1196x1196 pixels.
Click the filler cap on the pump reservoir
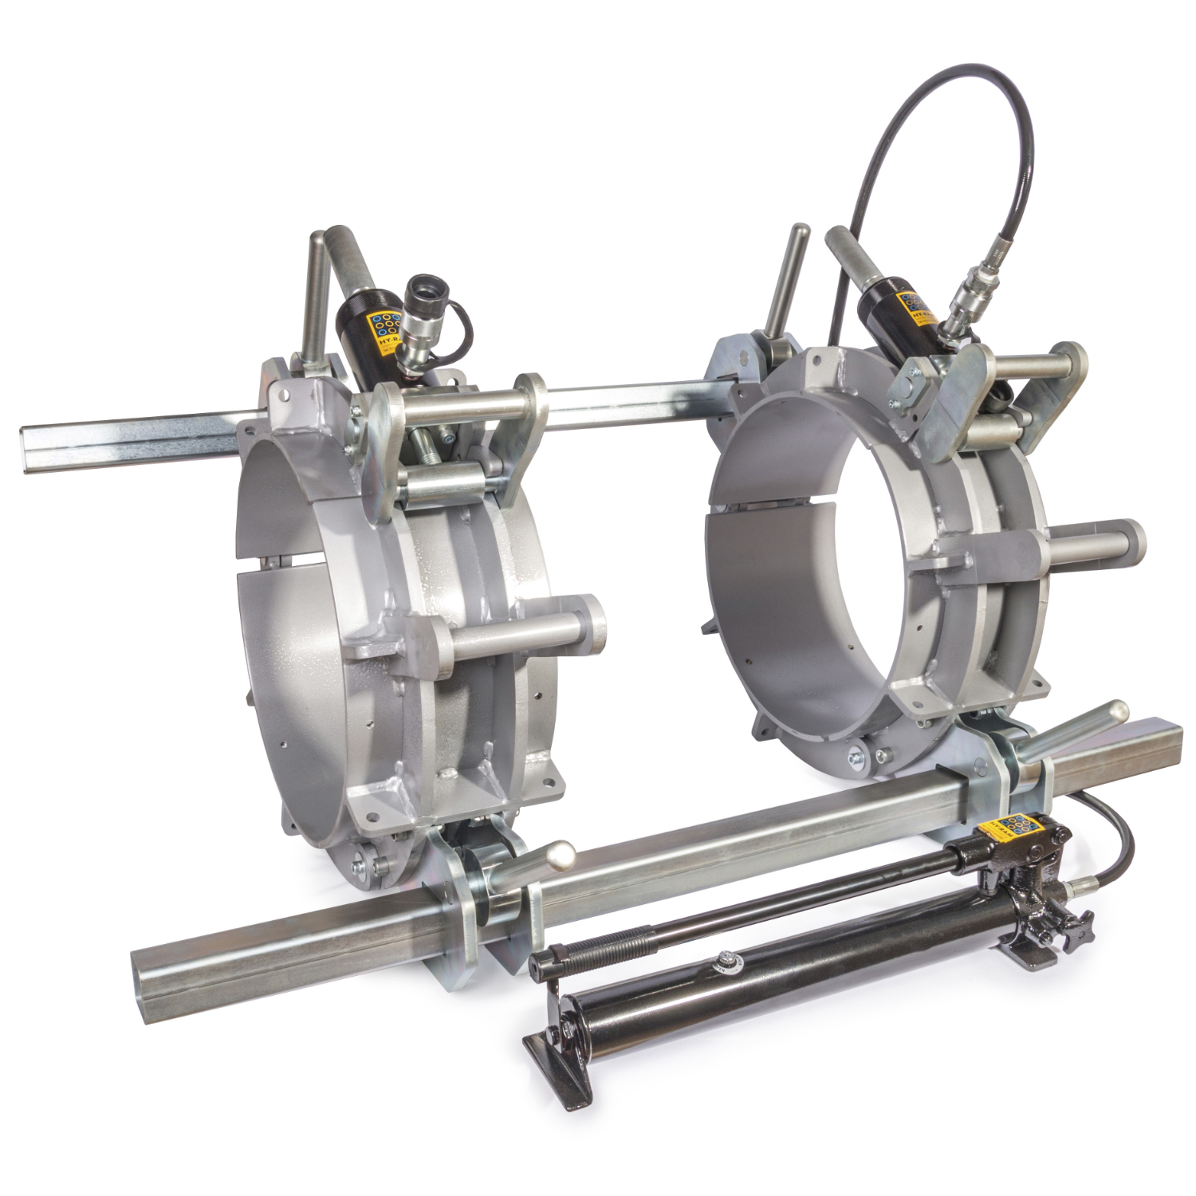click(x=726, y=961)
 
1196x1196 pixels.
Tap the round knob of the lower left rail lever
click(x=560, y=854)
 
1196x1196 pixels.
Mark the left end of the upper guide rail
click(x=32, y=451)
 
